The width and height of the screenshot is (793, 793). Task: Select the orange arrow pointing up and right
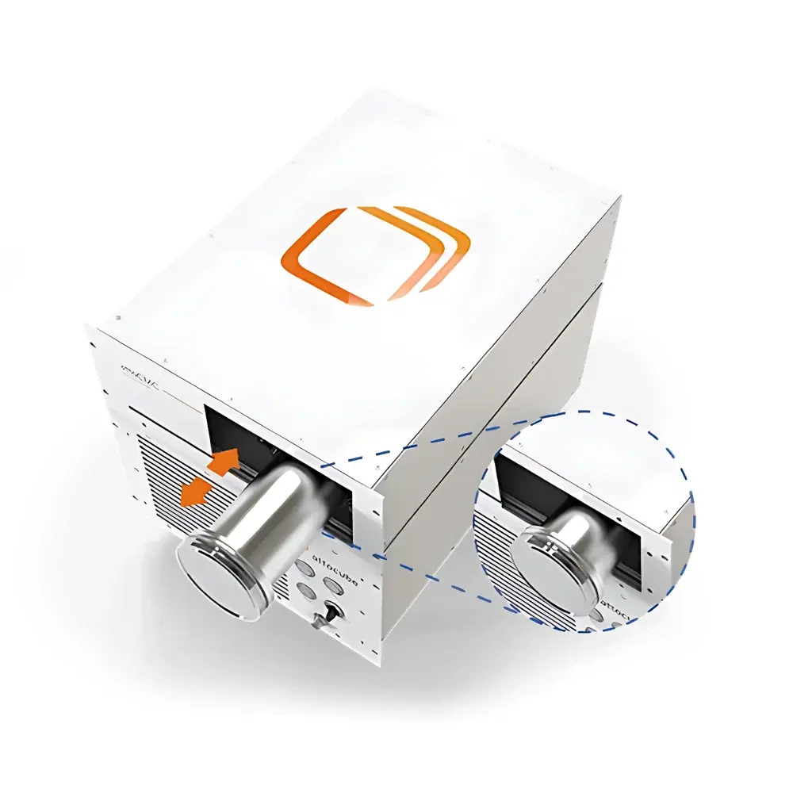pyautogui.click(x=227, y=461)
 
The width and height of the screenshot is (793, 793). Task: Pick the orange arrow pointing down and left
pyautogui.click(x=194, y=492)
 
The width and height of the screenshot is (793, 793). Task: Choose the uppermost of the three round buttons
pyautogui.click(x=305, y=568)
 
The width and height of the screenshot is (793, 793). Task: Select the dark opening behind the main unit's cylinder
pyautogui.click(x=238, y=428)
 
